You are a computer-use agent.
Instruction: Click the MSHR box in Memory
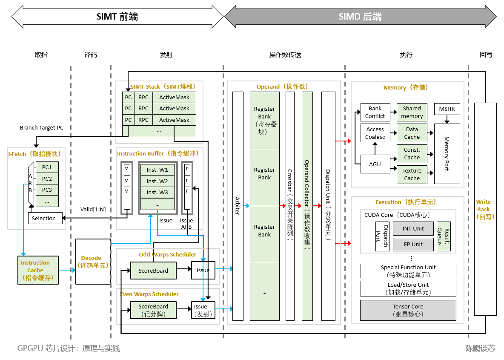447,109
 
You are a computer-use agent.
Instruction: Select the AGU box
375,164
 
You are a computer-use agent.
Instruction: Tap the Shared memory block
412,112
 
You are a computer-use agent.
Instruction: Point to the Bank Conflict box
375,112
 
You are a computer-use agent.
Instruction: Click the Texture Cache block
412,174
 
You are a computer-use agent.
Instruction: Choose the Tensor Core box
408,311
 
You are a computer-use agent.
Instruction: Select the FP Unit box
413,245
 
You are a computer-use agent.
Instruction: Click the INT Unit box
413,228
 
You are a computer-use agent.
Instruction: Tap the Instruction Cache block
38,270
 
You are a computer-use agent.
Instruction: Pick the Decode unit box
93,262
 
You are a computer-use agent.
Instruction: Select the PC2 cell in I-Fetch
47,179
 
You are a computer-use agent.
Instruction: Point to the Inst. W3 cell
157,193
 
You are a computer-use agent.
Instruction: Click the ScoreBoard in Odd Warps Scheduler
153,271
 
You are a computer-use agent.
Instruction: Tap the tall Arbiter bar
238,206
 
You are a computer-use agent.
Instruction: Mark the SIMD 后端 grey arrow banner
360,17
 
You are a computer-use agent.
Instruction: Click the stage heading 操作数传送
285,55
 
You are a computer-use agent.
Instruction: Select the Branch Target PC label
42,128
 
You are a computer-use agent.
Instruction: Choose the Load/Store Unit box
408,288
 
